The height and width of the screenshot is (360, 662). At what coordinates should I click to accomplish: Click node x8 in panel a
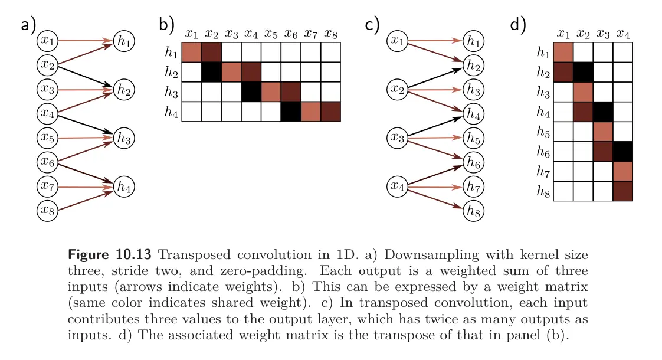click(48, 210)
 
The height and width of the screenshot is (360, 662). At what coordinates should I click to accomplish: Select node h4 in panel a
click(124, 186)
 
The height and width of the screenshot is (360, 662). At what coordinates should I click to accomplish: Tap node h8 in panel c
click(473, 210)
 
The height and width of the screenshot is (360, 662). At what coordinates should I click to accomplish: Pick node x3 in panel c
click(398, 138)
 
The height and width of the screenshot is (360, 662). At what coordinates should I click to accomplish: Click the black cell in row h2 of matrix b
click(211, 73)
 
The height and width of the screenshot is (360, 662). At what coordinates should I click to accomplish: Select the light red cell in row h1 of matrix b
click(191, 53)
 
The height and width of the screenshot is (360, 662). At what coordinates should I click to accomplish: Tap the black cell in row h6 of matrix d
click(622, 151)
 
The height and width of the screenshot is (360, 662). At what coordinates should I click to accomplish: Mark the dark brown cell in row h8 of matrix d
click(622, 191)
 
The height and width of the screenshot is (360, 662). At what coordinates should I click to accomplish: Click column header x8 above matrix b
click(331, 34)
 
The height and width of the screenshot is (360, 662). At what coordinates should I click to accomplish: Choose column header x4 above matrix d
click(622, 34)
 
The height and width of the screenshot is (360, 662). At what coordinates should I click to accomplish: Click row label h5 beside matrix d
click(543, 132)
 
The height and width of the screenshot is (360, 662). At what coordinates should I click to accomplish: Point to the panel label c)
click(372, 25)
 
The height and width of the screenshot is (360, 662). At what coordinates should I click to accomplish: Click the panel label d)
click(517, 25)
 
